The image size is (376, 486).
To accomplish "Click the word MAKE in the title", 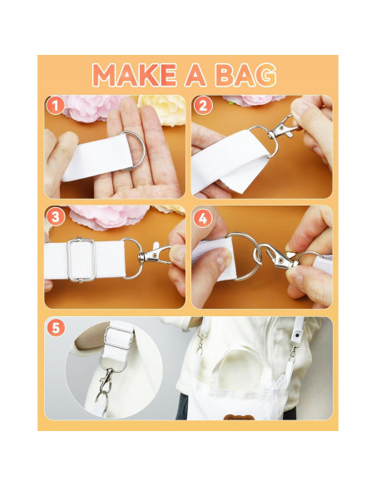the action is [x=135, y=75].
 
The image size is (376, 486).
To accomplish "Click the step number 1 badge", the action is [x=56, y=106].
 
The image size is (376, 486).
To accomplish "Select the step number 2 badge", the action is [x=203, y=106].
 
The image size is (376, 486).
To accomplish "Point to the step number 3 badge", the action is [x=56, y=217].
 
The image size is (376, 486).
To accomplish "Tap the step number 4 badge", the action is [x=203, y=219].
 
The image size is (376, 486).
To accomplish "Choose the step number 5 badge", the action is [x=56, y=328].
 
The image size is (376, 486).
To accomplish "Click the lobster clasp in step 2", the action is [x=281, y=128].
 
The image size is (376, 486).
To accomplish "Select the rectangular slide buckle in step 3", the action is [x=82, y=260].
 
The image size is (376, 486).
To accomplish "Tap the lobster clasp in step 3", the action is [x=153, y=254].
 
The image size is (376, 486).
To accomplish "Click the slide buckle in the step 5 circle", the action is [x=119, y=337].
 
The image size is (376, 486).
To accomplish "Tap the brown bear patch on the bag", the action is [x=239, y=417].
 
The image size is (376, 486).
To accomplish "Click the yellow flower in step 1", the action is [x=162, y=109].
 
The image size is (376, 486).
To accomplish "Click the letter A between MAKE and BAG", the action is [x=195, y=75].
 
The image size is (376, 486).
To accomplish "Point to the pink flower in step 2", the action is [x=254, y=100].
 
